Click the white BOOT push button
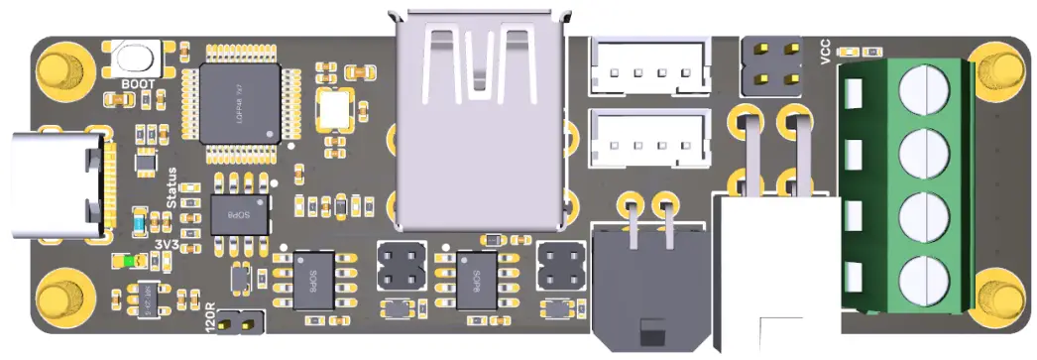(137, 59)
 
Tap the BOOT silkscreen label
(138, 84)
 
